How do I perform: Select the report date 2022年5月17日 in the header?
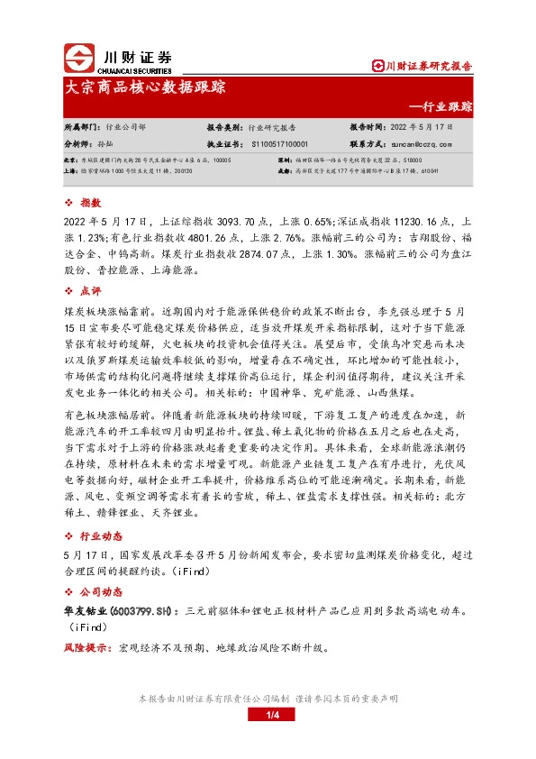(x=427, y=128)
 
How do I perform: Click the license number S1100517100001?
(x=280, y=143)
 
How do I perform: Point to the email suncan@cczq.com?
(x=422, y=143)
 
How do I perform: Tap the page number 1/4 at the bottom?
(x=268, y=716)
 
